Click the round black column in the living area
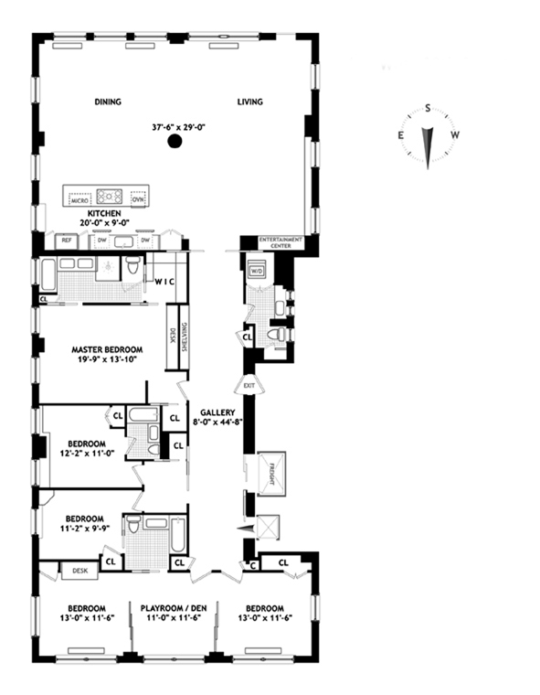175,142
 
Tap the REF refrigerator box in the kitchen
67,241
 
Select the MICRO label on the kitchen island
80,200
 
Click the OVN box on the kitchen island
138,199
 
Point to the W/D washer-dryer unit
257,271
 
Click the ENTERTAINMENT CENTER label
281,242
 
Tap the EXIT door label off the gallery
249,386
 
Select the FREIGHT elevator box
271,474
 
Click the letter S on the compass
428,108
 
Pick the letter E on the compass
401,135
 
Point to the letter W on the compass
455,135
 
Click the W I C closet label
164,282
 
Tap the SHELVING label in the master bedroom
184,337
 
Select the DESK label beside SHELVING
173,335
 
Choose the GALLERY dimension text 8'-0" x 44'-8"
217,422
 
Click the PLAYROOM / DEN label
174,608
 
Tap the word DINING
108,102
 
